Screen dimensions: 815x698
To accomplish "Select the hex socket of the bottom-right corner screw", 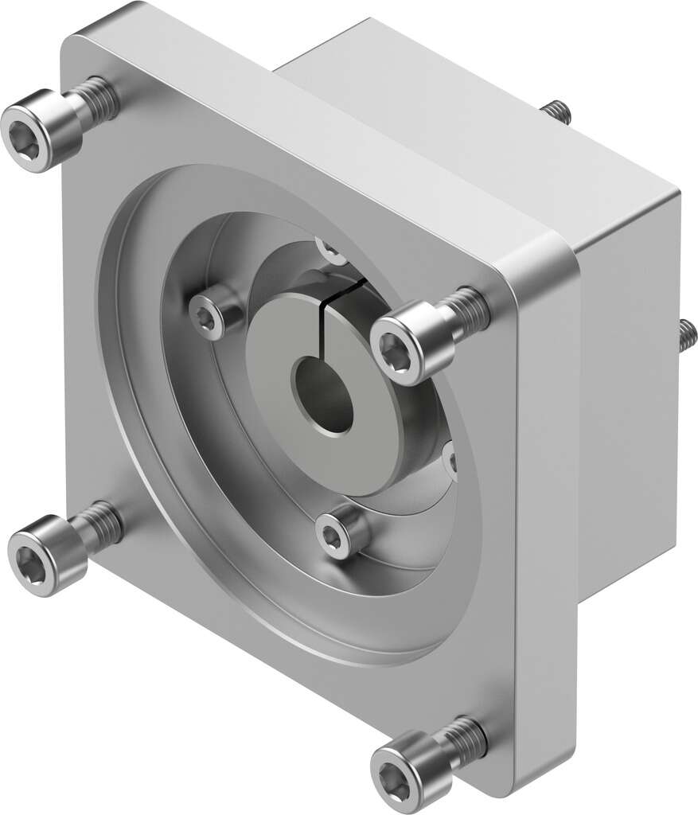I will click(396, 771).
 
